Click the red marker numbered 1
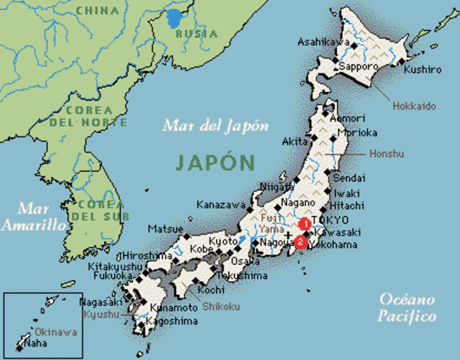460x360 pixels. (305, 223)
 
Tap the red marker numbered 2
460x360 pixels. (300, 241)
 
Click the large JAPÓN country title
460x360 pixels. (216, 161)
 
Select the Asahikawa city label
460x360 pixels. (323, 43)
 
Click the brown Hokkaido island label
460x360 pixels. (413, 106)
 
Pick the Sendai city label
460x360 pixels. (349, 179)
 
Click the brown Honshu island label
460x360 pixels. (386, 154)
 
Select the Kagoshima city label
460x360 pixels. (173, 321)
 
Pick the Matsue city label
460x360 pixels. (165, 228)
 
